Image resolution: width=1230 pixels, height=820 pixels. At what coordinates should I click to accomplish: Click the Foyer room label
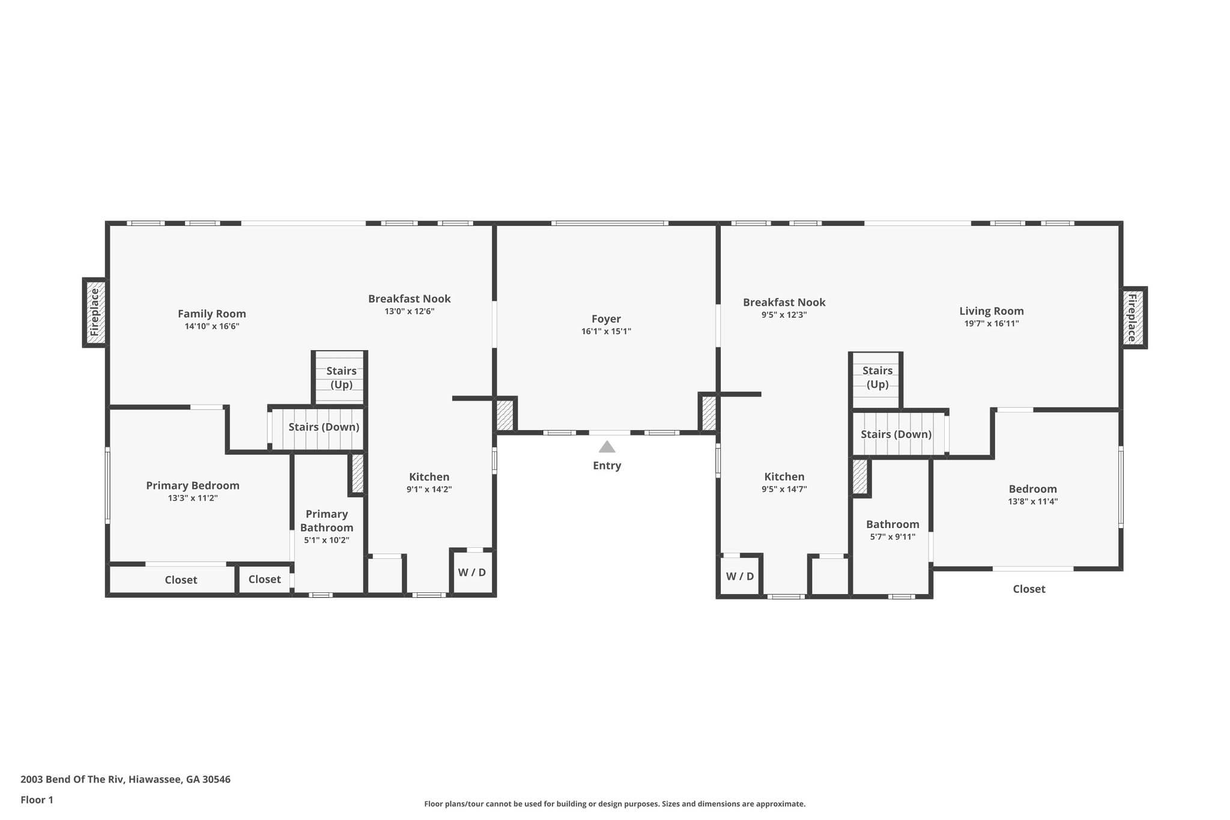(606, 319)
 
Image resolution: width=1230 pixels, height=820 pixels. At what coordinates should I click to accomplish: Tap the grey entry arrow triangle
(607, 447)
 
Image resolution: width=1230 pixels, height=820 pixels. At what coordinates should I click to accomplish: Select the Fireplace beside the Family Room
(95, 312)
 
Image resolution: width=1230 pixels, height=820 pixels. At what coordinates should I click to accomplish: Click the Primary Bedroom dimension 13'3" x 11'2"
(193, 498)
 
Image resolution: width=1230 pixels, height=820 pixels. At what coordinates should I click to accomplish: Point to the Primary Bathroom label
(327, 520)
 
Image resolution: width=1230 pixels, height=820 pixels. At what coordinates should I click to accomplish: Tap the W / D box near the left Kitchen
(472, 572)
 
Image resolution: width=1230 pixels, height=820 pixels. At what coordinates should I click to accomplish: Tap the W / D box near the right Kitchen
(740, 577)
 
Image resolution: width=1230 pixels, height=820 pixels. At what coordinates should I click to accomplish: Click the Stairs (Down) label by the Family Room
(324, 427)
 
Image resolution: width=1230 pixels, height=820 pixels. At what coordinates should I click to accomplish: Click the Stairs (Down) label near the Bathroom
(896, 434)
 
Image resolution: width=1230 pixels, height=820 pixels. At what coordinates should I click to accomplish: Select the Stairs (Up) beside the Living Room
(877, 377)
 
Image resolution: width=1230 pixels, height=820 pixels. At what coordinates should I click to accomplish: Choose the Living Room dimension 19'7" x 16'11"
(992, 323)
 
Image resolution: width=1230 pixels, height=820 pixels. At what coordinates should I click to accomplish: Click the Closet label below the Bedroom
(1029, 589)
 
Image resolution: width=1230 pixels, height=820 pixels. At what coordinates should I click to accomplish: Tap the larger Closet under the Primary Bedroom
(181, 580)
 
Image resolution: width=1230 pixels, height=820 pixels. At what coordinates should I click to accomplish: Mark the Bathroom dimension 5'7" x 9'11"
(892, 537)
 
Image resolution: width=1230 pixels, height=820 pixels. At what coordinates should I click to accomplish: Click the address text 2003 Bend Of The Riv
(126, 779)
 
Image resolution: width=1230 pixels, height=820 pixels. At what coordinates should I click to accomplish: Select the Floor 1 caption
(37, 800)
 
